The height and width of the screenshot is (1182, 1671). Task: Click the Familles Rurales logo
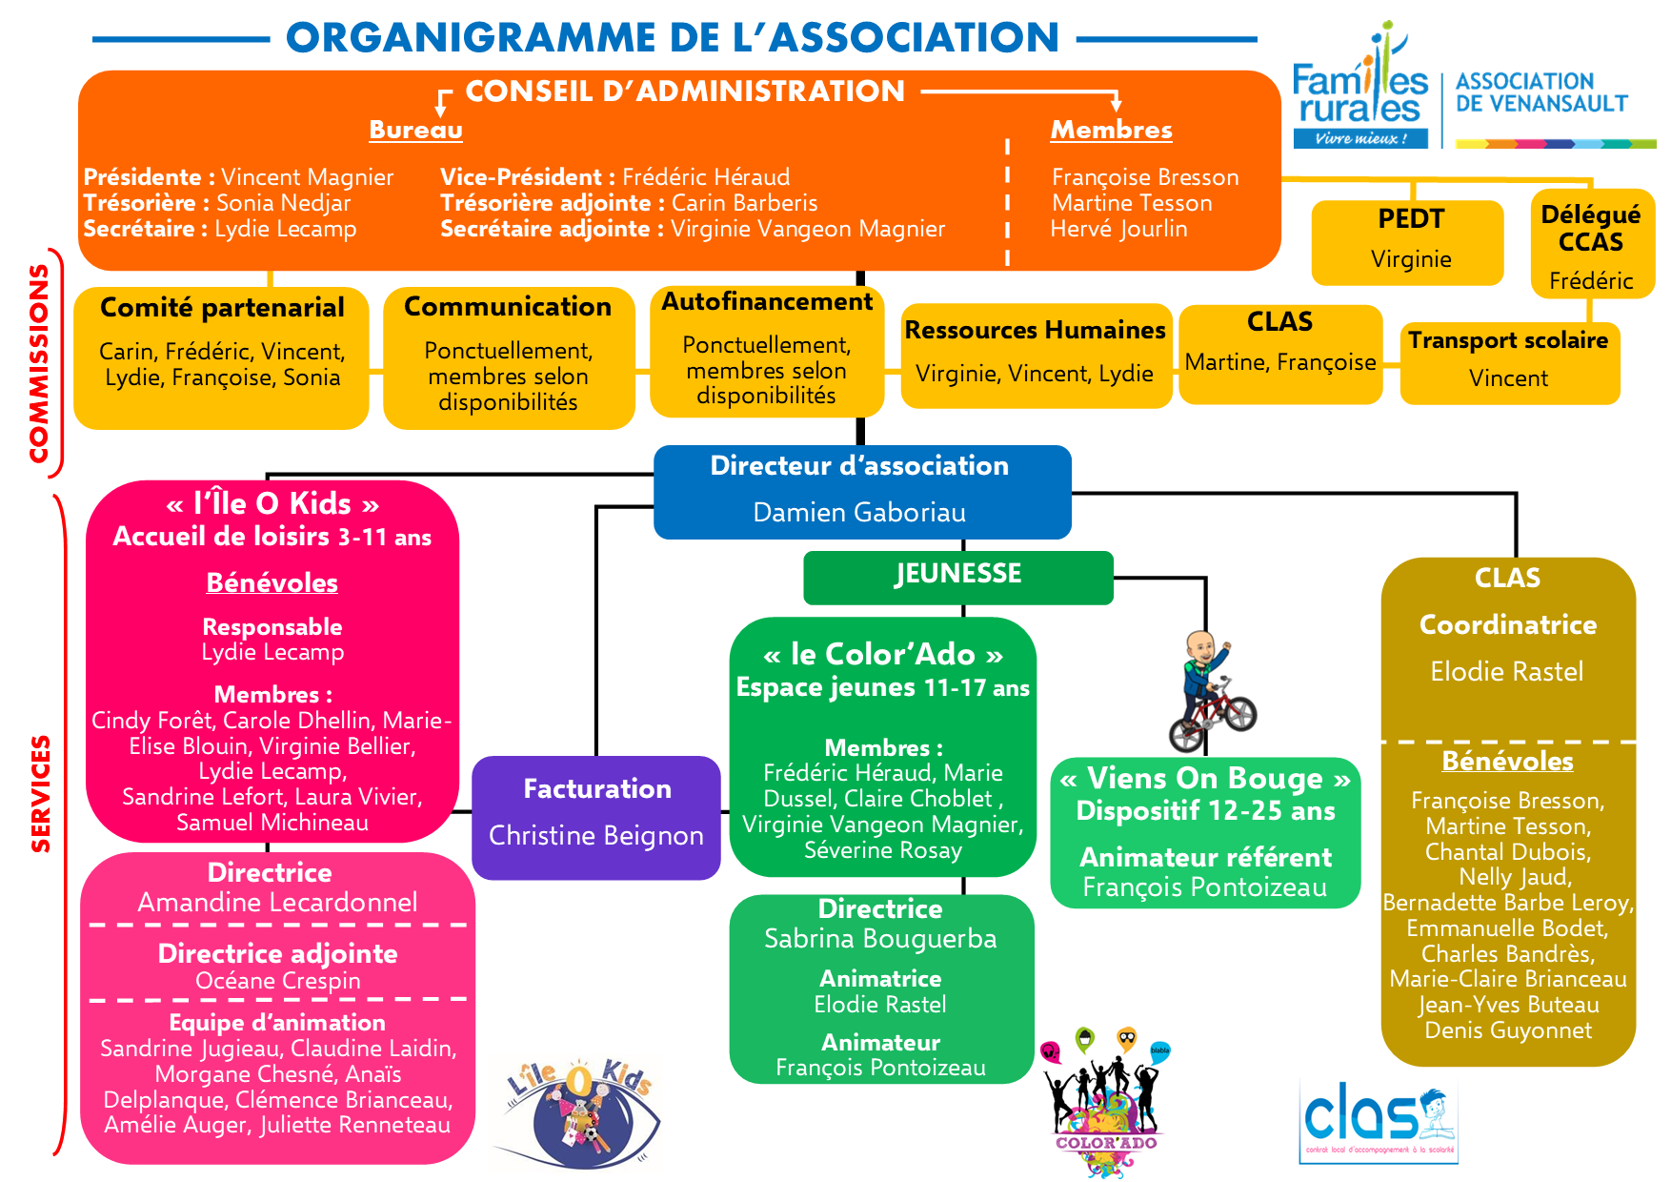click(1360, 91)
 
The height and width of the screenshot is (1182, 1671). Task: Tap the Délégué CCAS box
click(1591, 244)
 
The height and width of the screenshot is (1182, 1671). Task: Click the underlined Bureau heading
click(415, 130)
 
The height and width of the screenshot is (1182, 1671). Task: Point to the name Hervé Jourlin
click(1118, 229)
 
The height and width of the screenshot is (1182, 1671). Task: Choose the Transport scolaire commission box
click(1509, 361)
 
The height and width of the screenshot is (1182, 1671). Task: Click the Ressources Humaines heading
click(1035, 330)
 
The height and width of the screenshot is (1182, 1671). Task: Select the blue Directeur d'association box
click(861, 491)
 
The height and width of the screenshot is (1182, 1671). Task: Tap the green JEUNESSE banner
click(957, 576)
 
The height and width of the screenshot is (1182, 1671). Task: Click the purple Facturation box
click(596, 816)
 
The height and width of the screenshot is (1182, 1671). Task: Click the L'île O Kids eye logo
click(577, 1113)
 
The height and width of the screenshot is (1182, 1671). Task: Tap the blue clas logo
click(1378, 1119)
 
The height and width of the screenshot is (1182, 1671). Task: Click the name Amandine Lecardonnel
click(277, 902)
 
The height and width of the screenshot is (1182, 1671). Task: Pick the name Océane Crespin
click(277, 981)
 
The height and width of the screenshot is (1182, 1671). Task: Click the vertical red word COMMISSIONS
click(39, 363)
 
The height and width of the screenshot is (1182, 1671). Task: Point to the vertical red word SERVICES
click(40, 793)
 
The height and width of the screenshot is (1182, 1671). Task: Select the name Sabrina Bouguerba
click(880, 939)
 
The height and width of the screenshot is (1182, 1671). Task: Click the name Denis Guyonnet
click(1507, 1030)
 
